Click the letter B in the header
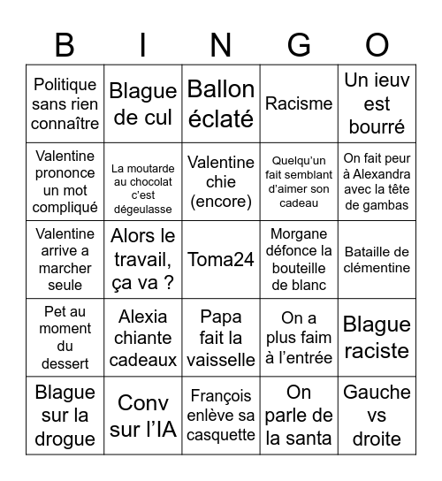(65, 44)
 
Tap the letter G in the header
(299, 44)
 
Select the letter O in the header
(377, 44)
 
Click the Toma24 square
(221, 259)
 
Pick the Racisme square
(299, 103)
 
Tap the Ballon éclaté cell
(221, 103)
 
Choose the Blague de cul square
(143, 103)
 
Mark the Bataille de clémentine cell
(377, 259)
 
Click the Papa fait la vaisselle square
(221, 339)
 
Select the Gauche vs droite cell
(377, 416)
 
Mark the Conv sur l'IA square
(143, 416)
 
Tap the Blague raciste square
(377, 339)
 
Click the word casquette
(221, 435)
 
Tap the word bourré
(377, 126)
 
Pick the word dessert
(65, 363)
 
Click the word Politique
(65, 85)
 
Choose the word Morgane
(299, 233)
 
